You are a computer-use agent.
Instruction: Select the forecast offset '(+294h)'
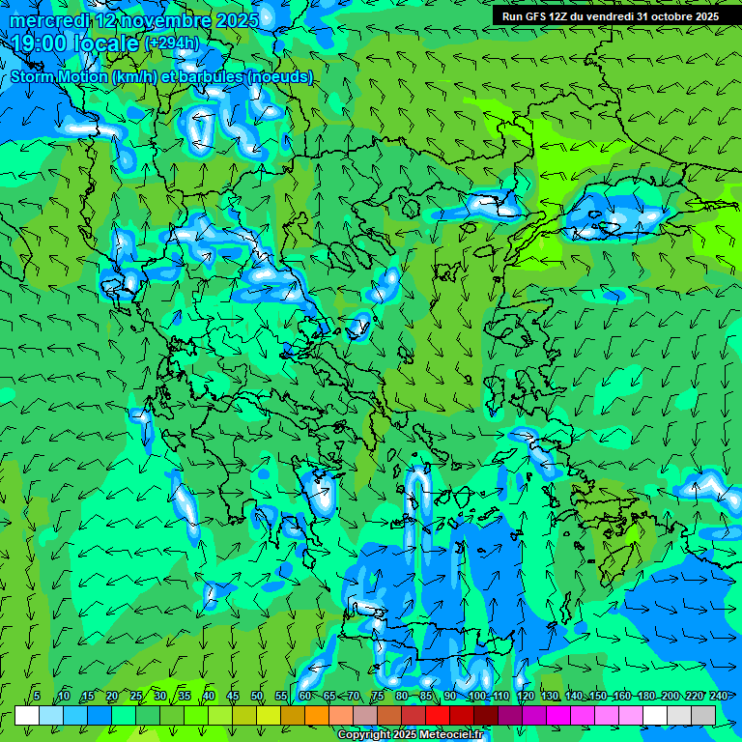tap(172, 43)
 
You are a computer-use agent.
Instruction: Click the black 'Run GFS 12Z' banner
tap(616, 16)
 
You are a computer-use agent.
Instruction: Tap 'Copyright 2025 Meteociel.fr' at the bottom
tap(410, 734)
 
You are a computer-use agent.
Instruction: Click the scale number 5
tap(37, 696)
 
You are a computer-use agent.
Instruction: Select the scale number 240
tap(719, 696)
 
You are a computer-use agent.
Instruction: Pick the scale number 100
tap(476, 696)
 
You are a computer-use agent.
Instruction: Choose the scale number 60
tap(305, 696)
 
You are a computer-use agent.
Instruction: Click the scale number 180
tap(645, 696)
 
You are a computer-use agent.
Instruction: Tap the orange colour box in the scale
tap(317, 715)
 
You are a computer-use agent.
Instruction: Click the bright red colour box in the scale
tap(438, 715)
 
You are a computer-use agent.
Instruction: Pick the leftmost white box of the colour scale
tap(27, 715)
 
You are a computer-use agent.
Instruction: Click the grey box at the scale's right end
tap(703, 715)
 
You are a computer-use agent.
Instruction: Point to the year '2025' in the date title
tap(237, 19)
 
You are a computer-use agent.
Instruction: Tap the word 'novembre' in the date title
tap(151, 19)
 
